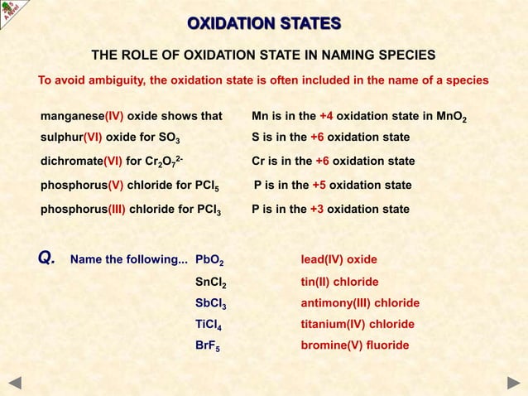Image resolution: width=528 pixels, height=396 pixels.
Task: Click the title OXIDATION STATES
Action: [263, 22]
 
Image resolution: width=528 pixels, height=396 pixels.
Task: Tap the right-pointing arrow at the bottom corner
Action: [513, 382]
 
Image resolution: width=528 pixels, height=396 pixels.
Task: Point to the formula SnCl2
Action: [211, 283]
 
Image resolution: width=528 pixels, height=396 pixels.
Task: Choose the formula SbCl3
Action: [211, 303]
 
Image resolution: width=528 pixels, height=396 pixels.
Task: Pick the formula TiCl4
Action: [209, 325]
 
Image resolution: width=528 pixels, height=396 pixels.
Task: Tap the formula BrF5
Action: [207, 345]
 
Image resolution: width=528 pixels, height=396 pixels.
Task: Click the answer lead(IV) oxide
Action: [338, 259]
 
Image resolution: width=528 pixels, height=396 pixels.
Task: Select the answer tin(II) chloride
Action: [339, 282]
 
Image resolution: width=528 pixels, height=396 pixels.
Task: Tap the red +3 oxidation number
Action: [317, 210]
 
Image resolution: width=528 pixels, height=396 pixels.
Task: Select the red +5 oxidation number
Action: [319, 185]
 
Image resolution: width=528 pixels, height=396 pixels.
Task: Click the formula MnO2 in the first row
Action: [452, 118]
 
